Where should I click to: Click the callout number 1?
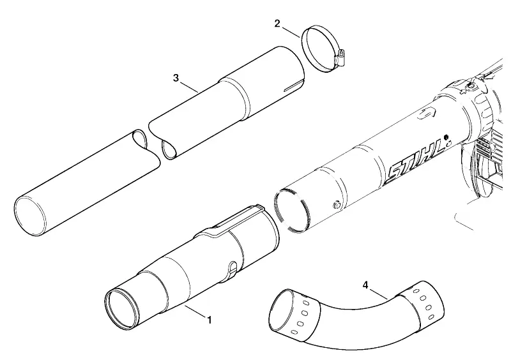[x=210, y=320]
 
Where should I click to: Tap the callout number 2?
[x=277, y=24]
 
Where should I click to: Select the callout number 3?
[x=176, y=78]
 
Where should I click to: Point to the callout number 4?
[x=365, y=285]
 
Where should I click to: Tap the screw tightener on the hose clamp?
[x=340, y=57]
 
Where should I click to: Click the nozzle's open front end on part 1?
[x=122, y=308]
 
